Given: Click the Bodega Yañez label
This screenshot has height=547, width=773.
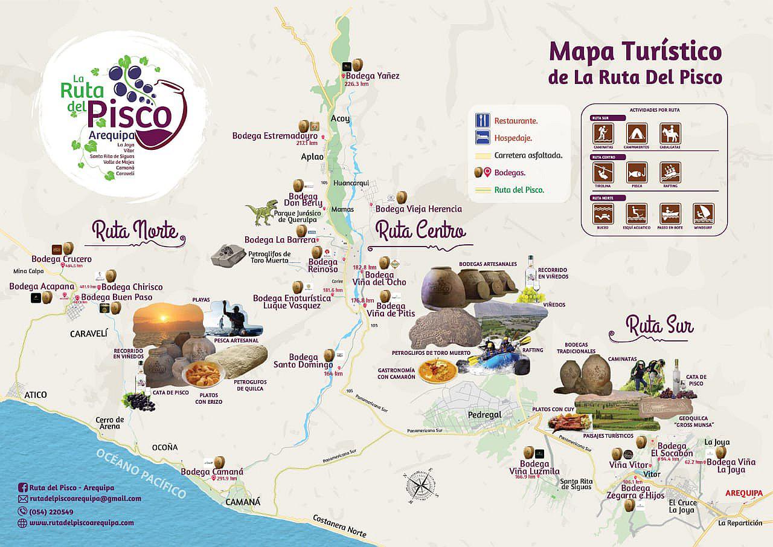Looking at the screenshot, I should point(373,76).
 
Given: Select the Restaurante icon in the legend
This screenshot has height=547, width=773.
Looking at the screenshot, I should point(482,120).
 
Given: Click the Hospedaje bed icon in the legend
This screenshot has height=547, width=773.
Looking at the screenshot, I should point(482,138).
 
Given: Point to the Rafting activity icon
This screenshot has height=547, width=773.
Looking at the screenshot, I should point(670,173).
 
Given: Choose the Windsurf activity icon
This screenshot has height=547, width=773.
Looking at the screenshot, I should point(704,213).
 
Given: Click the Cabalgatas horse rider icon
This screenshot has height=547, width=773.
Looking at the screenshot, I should point(670,133).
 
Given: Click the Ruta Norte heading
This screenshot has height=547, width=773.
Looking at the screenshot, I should point(135,231).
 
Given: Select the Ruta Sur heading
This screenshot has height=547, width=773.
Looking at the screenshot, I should point(659,326).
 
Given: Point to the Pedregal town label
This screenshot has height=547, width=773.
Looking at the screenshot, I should point(485,415).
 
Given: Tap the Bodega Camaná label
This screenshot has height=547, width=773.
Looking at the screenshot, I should point(212,471).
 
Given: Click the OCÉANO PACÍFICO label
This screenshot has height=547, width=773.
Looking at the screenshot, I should point(142,474).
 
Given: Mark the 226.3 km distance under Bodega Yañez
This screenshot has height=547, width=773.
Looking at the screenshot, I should point(356,84).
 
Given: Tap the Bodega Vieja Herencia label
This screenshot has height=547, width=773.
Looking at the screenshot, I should point(419,209).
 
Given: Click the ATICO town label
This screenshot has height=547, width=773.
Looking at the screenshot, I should point(36,395).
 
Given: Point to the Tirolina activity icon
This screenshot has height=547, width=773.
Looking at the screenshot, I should point(603,173).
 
